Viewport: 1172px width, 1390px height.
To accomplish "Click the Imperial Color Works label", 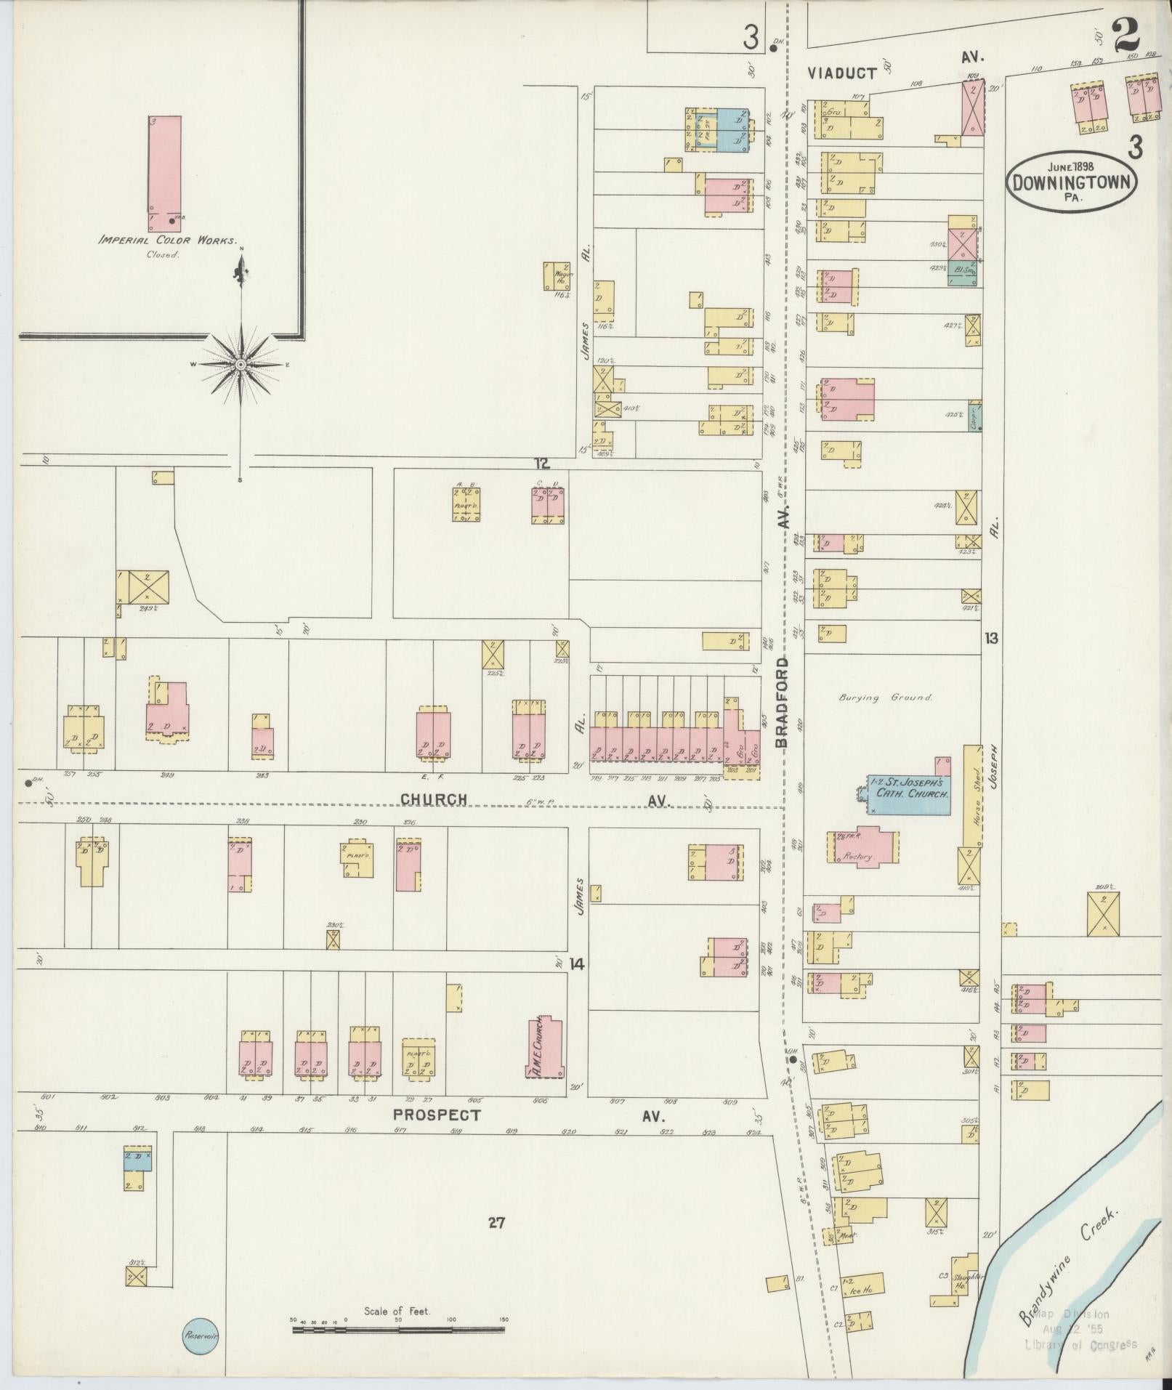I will pos(169,241).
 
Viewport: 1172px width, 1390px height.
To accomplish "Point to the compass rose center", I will pos(241,363).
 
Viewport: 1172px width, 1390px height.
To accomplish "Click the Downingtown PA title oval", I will pos(1072,180).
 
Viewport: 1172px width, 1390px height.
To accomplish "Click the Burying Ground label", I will pos(885,698).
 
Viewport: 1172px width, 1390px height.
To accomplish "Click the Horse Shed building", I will pos(971,795).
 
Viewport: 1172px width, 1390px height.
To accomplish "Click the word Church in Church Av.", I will pos(434,799).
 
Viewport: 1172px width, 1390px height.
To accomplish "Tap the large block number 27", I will pos(496,1223).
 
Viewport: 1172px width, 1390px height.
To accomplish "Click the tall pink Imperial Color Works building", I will pos(164,174).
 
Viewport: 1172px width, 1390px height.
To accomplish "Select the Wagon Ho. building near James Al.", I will pos(557,276).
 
